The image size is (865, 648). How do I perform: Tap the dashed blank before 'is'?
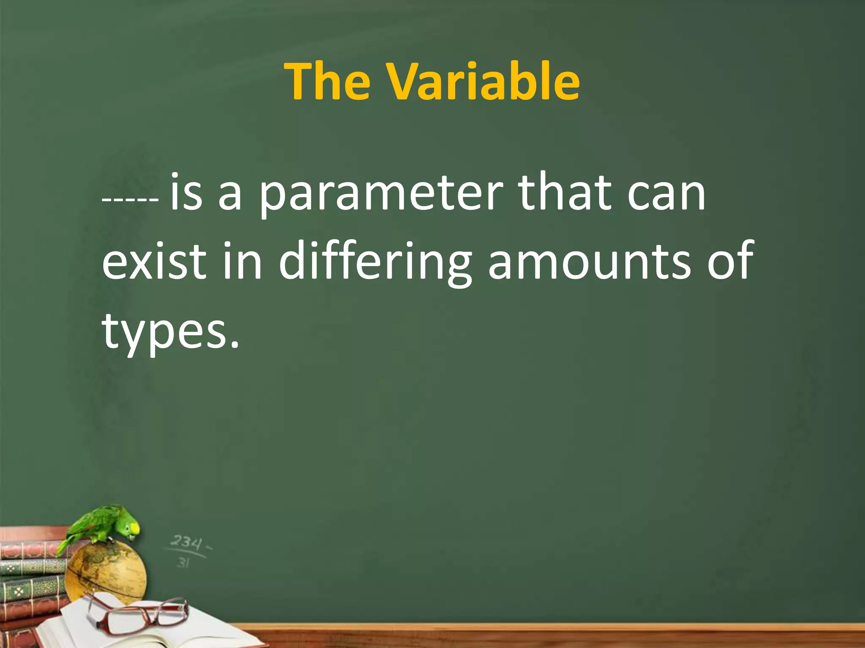131,199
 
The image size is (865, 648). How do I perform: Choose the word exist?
155,262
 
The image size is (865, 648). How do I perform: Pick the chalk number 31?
183,562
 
